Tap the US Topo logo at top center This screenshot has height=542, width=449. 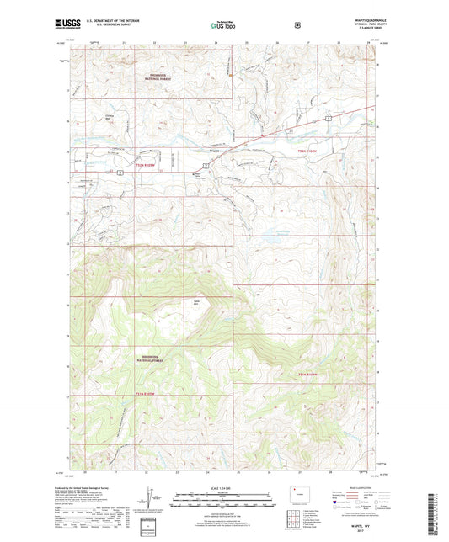(x=223, y=26)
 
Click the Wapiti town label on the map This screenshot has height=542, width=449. (x=215, y=151)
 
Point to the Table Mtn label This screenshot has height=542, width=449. (x=197, y=302)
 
